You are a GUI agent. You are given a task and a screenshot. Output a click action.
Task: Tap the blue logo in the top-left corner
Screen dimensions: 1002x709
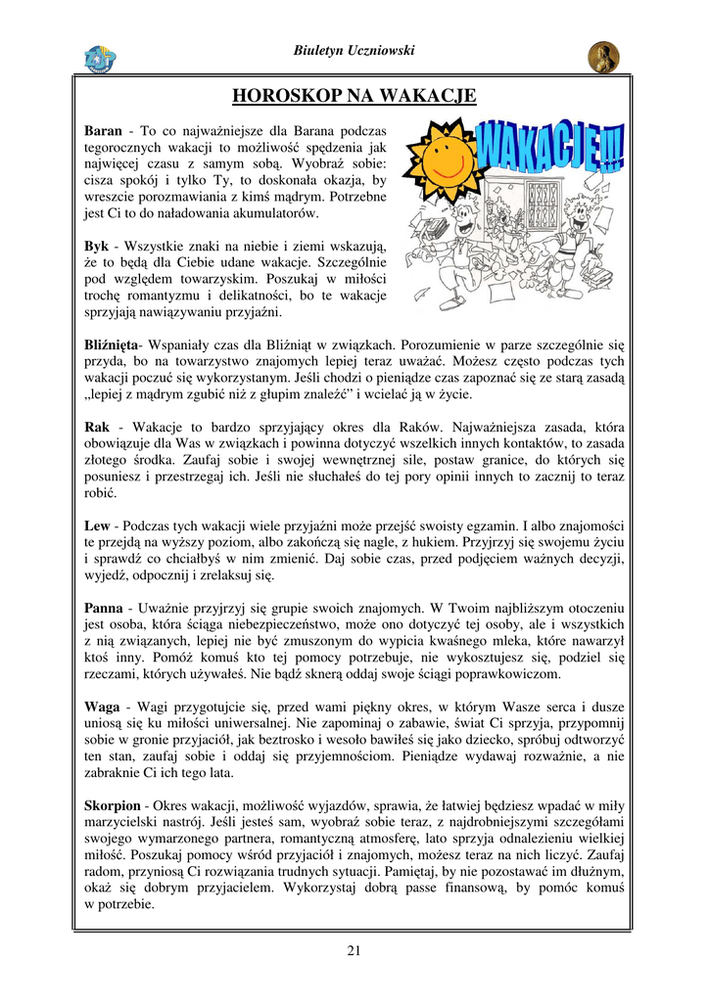coord(101,59)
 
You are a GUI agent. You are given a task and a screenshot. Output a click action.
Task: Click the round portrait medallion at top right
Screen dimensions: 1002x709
coord(603,58)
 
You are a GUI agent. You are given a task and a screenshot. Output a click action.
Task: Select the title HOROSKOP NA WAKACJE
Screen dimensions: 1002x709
coord(354,95)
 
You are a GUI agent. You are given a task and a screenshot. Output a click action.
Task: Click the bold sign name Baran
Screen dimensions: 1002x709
coord(103,130)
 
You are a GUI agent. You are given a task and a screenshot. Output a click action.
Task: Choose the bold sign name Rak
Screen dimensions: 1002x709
coord(97,427)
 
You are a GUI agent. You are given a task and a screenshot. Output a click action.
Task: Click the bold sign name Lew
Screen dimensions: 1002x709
coord(97,525)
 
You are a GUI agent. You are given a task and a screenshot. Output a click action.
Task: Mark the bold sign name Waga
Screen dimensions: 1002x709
coord(103,706)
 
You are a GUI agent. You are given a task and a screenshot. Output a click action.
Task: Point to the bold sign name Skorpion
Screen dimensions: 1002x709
coord(113,805)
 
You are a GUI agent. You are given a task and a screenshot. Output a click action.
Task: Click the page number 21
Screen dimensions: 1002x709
coord(354,950)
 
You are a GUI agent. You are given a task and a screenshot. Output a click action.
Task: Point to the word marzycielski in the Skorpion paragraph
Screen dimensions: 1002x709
coord(124,822)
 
